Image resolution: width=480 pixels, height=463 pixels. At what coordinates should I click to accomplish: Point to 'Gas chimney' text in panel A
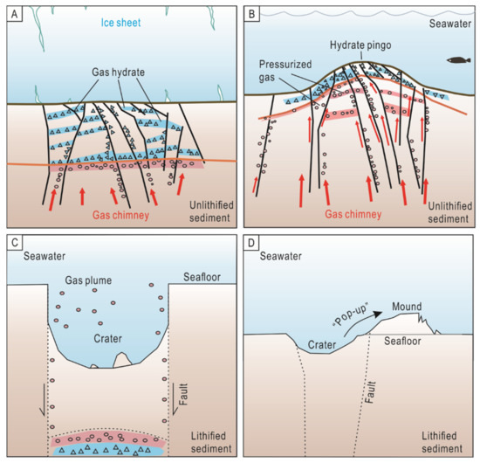point(97,211)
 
